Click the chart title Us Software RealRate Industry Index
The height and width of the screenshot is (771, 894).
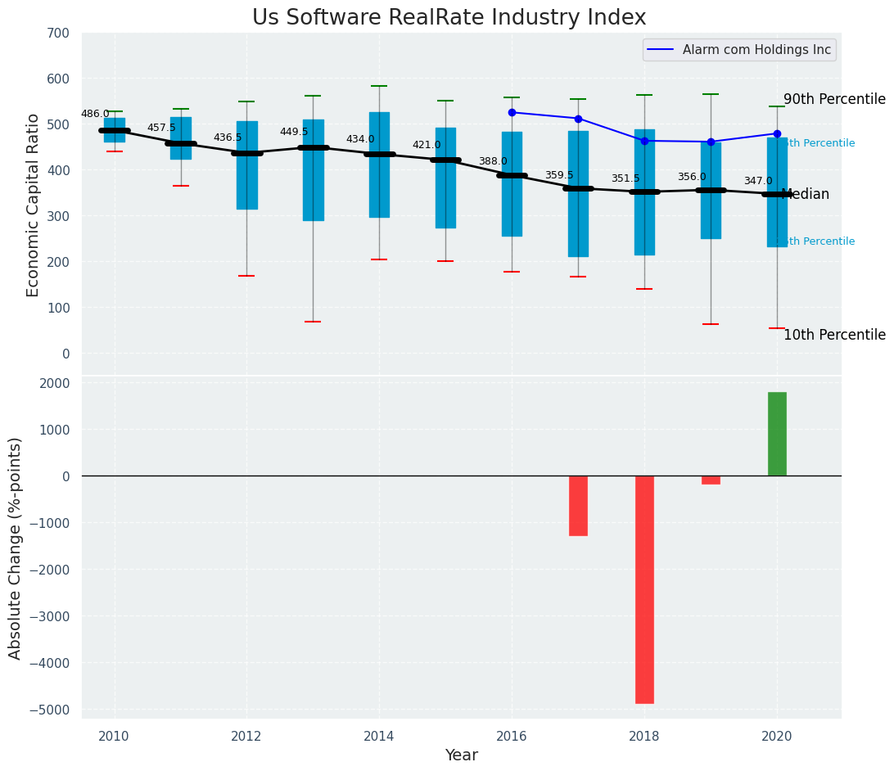(449, 18)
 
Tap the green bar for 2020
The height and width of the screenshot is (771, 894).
(777, 434)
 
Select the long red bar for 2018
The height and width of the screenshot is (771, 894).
(644, 589)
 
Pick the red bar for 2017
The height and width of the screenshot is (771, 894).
(578, 506)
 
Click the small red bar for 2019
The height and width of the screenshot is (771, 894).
(711, 480)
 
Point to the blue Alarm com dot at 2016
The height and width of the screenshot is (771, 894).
(512, 112)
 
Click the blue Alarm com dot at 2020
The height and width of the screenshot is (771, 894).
(777, 133)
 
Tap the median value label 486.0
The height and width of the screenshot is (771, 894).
(95, 114)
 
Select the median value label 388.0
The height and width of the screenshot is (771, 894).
(493, 161)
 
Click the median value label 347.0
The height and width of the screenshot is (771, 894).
(758, 181)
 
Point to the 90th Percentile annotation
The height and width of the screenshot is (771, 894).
(834, 99)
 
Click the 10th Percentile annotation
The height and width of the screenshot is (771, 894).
(834, 335)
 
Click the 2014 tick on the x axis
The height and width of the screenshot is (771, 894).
(379, 737)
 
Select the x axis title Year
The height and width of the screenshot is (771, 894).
(462, 755)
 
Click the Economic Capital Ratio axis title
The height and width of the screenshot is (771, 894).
(34, 205)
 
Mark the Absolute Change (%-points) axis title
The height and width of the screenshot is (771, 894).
(16, 548)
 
